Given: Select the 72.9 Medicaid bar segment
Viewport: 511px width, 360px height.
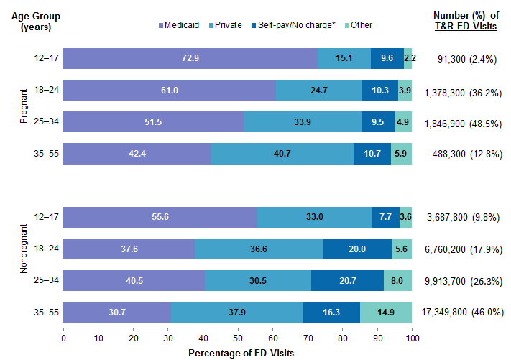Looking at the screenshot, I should click(x=190, y=58).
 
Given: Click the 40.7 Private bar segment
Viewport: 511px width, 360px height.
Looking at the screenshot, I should click(x=282, y=154).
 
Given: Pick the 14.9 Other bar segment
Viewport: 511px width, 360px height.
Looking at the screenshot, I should click(x=386, y=312).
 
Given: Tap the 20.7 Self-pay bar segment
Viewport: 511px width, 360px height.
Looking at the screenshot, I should click(x=347, y=280).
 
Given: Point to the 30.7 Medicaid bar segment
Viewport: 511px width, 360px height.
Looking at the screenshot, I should click(x=117, y=312).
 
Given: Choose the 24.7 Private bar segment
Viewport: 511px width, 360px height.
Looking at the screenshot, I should click(x=319, y=90).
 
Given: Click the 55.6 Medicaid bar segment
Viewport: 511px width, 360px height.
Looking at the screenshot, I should click(x=160, y=217).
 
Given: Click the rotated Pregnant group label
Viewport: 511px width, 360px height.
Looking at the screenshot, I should click(x=24, y=106).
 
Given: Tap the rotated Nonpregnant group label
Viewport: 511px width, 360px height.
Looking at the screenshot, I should click(x=24, y=264).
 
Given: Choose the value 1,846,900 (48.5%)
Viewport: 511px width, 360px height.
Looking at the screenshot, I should click(x=467, y=122).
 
